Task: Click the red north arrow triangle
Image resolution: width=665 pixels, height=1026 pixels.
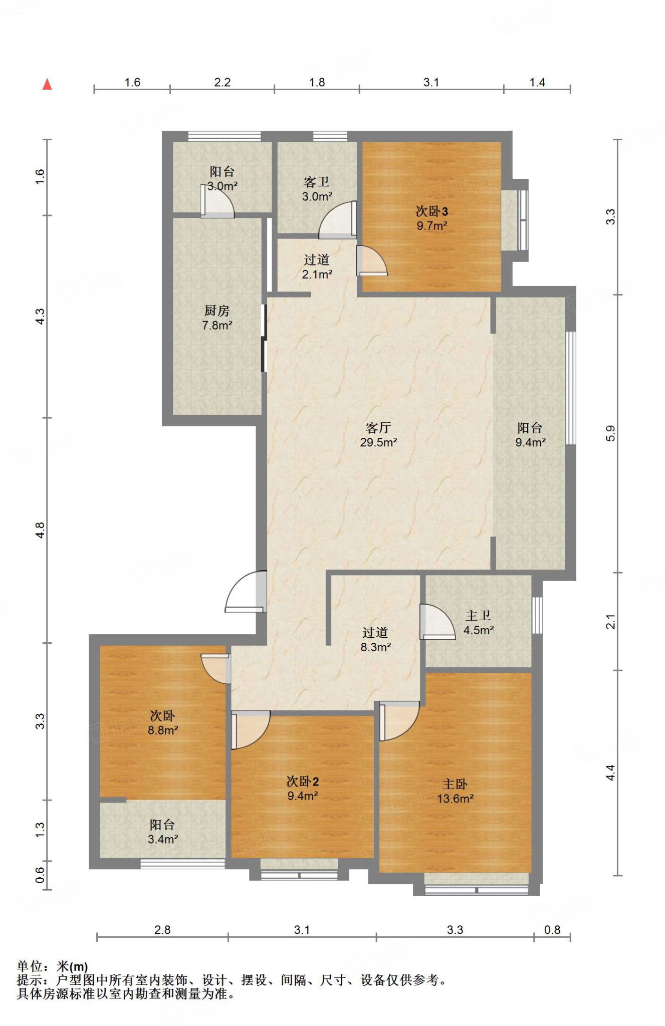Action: (x=48, y=84)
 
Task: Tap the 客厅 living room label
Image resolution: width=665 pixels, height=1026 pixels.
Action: (x=378, y=427)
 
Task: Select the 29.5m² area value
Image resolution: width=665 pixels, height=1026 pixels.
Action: (x=378, y=442)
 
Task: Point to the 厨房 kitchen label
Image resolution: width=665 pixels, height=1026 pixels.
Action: (x=217, y=311)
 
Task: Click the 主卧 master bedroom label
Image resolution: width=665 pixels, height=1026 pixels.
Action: (x=455, y=784)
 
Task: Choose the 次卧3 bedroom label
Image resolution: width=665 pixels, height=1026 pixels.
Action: (x=431, y=211)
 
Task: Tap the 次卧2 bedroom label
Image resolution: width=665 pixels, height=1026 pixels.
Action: (x=303, y=781)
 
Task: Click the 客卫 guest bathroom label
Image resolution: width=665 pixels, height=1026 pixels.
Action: (x=317, y=182)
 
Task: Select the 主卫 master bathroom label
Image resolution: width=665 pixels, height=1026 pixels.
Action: (x=478, y=615)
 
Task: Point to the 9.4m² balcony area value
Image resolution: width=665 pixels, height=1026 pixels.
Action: (x=531, y=442)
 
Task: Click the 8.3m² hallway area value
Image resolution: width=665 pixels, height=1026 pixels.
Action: (x=376, y=647)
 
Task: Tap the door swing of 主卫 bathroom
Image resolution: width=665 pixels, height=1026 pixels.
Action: (x=437, y=622)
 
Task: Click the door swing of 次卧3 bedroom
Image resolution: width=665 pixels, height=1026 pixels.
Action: (x=372, y=261)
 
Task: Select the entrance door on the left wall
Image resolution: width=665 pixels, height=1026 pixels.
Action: (x=246, y=592)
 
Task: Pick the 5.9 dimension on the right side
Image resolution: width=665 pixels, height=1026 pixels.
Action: (x=610, y=433)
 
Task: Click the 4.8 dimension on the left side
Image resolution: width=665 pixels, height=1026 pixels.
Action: (x=40, y=530)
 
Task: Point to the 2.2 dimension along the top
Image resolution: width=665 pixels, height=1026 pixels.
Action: (x=222, y=82)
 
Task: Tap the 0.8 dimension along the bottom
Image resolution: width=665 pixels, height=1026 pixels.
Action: (x=552, y=930)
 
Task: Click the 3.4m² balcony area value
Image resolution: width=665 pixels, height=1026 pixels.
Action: (x=163, y=839)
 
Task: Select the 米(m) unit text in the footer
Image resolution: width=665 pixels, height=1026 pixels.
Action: (x=72, y=966)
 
